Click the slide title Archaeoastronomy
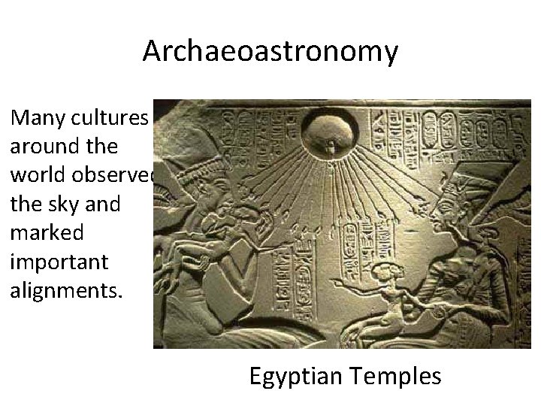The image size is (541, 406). pyautogui.click(x=270, y=51)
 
